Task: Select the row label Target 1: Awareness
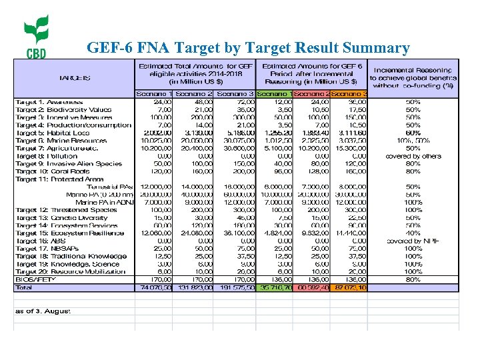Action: click(x=45, y=102)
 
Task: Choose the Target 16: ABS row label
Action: click(x=38, y=241)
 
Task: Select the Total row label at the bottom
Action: click(x=23, y=287)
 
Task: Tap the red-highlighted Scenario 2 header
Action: click(x=311, y=94)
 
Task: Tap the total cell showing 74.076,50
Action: click(x=153, y=287)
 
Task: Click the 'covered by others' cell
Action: click(x=413, y=156)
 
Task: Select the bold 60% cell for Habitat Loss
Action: click(x=413, y=133)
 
